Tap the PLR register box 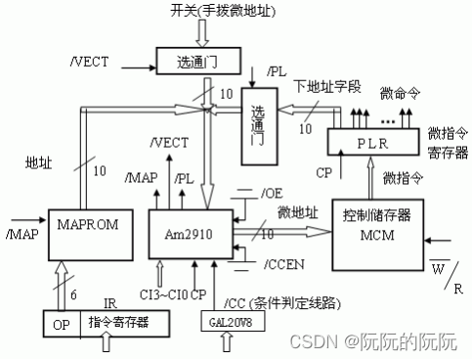point(372,142)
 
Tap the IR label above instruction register point(109,303)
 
